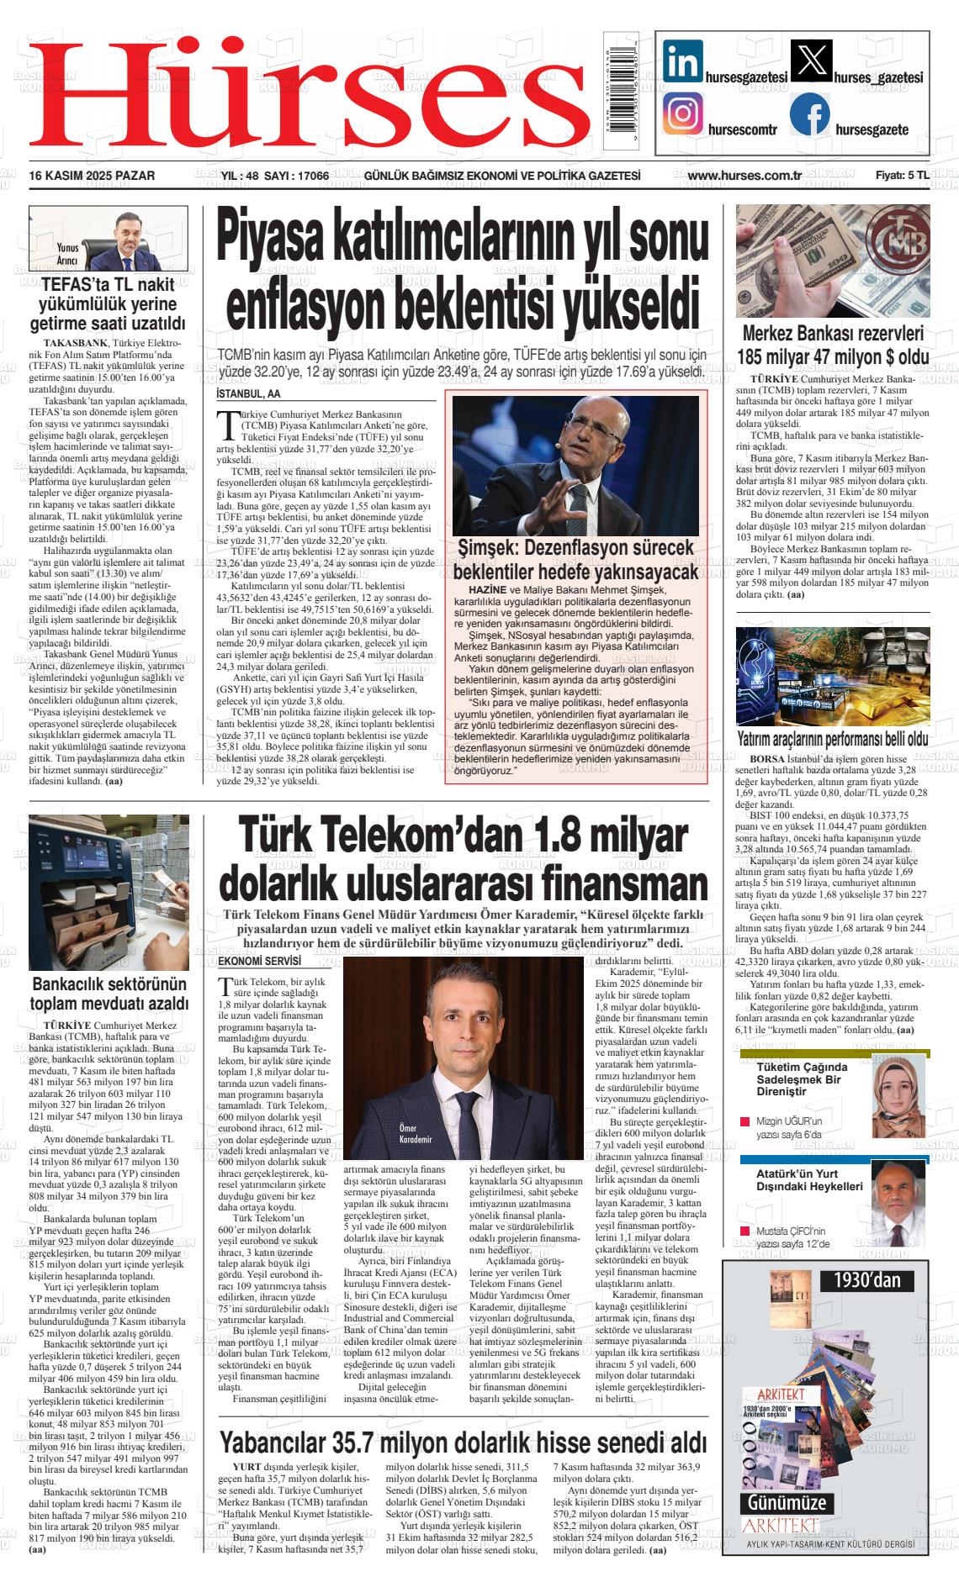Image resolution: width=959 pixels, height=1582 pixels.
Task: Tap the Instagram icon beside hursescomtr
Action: coord(683,114)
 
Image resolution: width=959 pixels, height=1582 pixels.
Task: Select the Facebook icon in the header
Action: coord(810,114)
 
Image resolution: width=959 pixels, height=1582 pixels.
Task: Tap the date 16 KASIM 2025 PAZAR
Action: coord(98,176)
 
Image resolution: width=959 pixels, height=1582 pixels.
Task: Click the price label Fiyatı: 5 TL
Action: coord(902,176)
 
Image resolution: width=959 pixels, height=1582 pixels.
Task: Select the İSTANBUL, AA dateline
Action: coord(248,394)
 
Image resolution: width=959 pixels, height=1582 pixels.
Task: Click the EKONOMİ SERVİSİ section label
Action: coord(259,961)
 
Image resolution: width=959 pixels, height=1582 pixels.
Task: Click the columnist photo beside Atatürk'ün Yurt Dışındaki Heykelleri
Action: coord(898,1198)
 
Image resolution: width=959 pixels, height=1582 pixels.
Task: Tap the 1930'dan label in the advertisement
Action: coord(866,1280)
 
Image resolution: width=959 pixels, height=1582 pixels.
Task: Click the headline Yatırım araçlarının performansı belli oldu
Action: coord(832,740)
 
